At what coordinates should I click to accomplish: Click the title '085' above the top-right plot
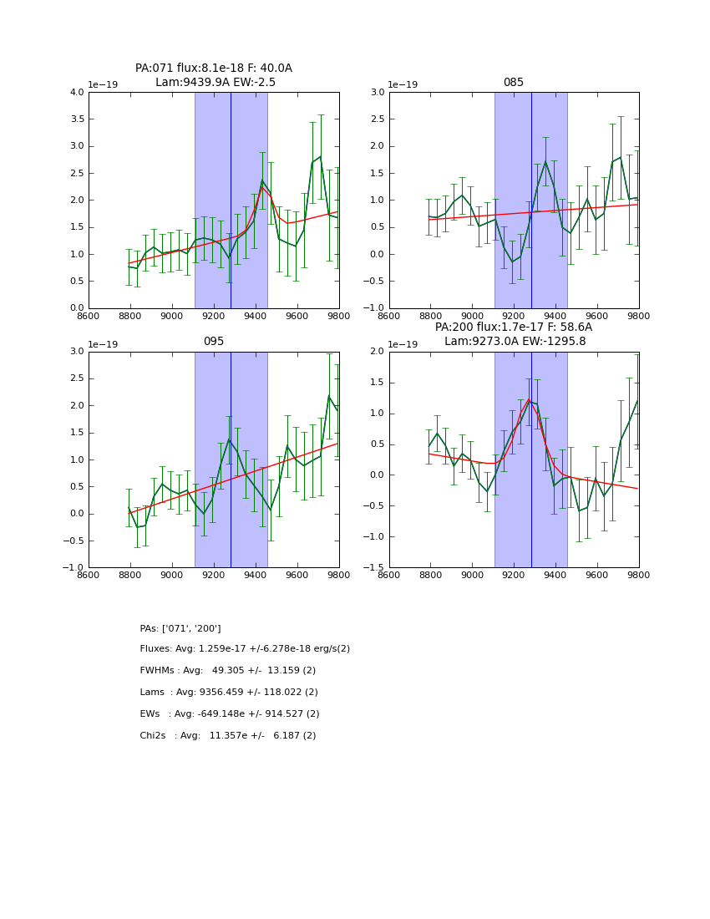coord(513,83)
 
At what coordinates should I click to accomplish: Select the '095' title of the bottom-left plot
coord(213,342)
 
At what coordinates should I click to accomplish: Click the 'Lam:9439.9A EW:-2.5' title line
coord(215,82)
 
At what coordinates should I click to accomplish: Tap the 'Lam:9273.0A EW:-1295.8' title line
coord(515,341)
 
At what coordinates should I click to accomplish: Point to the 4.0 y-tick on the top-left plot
coord(76,93)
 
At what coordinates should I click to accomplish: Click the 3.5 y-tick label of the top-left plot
coord(76,119)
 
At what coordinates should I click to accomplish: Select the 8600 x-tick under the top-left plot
coord(89,317)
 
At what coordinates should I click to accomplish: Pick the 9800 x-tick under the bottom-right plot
coord(639,576)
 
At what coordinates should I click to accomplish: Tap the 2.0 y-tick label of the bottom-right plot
coord(377,352)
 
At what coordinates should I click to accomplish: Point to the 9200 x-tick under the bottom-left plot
coord(214,576)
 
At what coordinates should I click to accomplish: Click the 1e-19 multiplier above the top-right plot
coord(403,85)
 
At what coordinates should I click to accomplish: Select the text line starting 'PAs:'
coord(180,628)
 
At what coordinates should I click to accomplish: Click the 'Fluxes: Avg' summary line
coord(245,649)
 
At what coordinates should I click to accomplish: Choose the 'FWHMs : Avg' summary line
coord(228,671)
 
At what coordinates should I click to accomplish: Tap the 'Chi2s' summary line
coord(228,736)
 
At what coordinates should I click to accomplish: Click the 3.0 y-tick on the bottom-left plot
coord(76,352)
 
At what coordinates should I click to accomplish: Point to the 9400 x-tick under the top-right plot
coord(555,317)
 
